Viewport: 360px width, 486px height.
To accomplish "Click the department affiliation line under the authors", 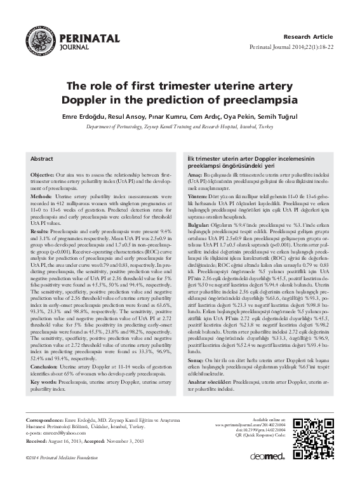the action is pos(179,127).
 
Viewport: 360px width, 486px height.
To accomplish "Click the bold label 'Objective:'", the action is pos(43,173).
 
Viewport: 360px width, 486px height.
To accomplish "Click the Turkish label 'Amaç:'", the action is pos(194,173).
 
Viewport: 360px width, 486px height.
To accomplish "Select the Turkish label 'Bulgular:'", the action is pos(198,224).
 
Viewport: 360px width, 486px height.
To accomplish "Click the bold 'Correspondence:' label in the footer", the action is pos(44,421).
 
